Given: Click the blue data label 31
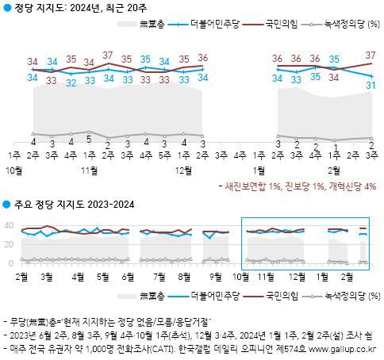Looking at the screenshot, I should tap(371, 85).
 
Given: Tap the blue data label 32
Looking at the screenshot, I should tap(71, 81).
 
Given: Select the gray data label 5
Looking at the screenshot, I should tap(89, 139).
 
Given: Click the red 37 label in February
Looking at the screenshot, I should tap(371, 55).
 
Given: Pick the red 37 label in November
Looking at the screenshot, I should tap(108, 55).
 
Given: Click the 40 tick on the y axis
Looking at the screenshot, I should tap(10, 226).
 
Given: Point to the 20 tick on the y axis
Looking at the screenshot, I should tap(10, 244).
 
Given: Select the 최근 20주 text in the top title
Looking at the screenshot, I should tap(127, 10).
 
